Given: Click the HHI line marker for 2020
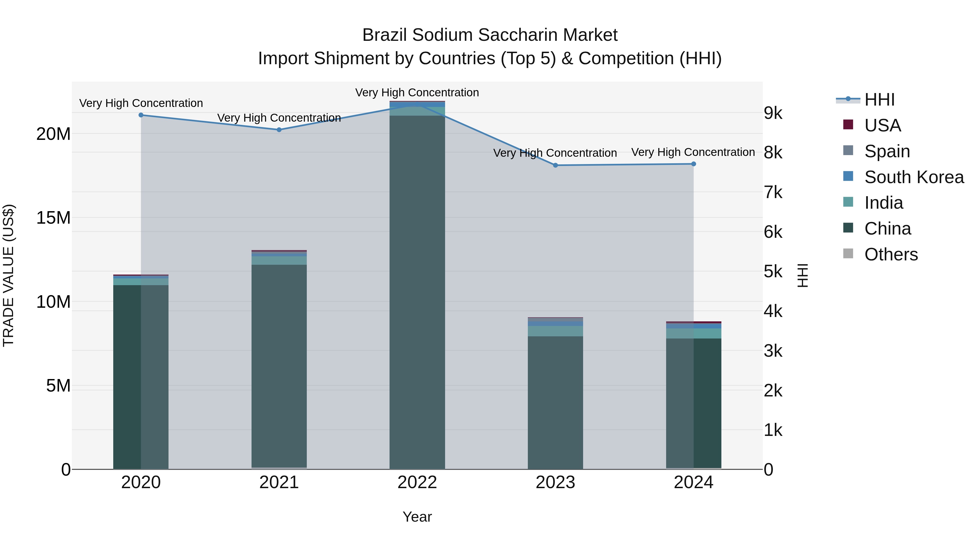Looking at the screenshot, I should [141, 115].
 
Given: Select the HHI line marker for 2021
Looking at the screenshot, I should [279, 130].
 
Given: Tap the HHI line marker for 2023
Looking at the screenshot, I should [555, 165].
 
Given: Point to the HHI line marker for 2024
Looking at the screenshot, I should [694, 164].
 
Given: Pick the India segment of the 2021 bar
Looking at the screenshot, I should [279, 260].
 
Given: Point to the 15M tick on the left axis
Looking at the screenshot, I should [53, 218].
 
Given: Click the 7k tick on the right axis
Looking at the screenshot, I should [773, 192].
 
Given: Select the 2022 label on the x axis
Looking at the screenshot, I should [417, 482].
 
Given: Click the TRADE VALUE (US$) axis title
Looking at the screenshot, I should [8, 275].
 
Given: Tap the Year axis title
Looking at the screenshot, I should [417, 517].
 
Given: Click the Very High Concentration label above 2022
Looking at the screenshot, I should [417, 93].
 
